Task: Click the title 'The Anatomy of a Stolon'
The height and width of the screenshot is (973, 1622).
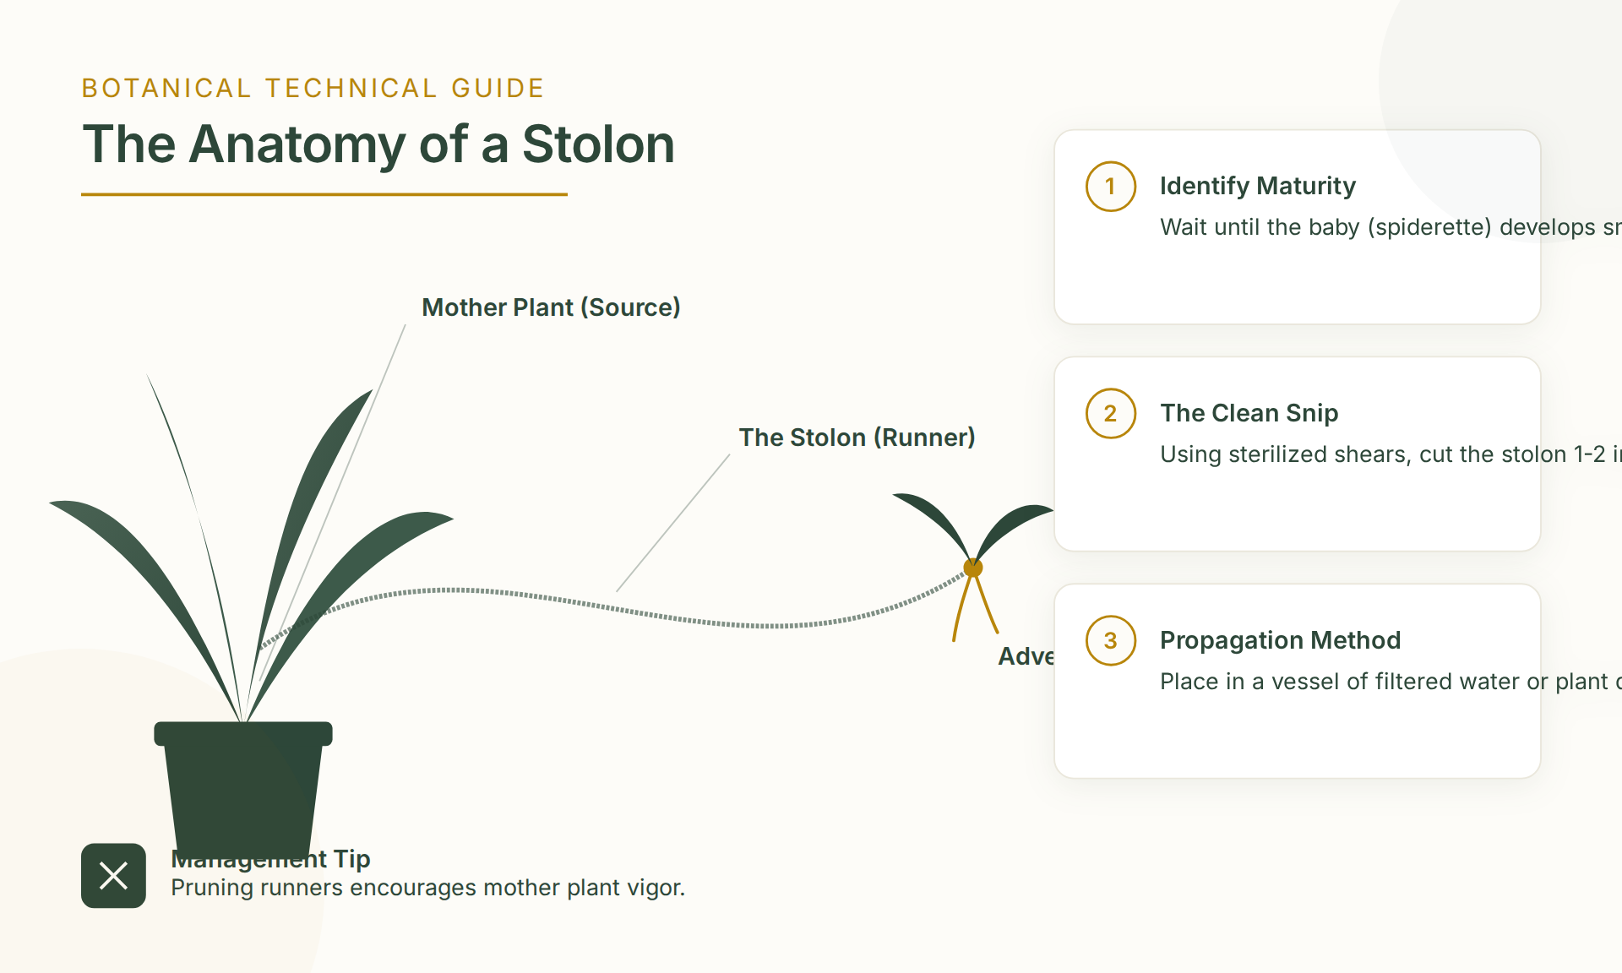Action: click(x=378, y=144)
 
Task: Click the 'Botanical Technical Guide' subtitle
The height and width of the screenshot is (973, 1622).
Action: click(x=313, y=89)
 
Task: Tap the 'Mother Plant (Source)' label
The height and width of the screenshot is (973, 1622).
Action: click(x=551, y=307)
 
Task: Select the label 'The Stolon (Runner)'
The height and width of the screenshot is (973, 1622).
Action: click(x=857, y=438)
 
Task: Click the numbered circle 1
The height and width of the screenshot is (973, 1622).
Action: click(x=1110, y=187)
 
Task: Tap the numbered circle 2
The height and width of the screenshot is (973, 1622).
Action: click(x=1110, y=414)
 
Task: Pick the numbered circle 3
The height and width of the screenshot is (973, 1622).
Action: click(x=1110, y=641)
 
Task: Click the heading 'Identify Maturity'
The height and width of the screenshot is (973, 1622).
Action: click(x=1257, y=186)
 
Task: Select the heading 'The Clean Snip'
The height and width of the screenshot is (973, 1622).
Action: click(x=1249, y=413)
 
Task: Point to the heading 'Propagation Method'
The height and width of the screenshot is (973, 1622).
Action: click(x=1280, y=640)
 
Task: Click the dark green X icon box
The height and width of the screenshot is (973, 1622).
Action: click(x=113, y=876)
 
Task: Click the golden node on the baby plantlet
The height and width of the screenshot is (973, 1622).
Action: click(x=973, y=568)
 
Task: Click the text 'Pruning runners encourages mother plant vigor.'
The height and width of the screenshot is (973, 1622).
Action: click(x=427, y=888)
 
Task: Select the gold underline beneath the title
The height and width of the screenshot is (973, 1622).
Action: click(x=324, y=194)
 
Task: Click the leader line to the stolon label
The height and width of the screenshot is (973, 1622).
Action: click(x=673, y=523)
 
